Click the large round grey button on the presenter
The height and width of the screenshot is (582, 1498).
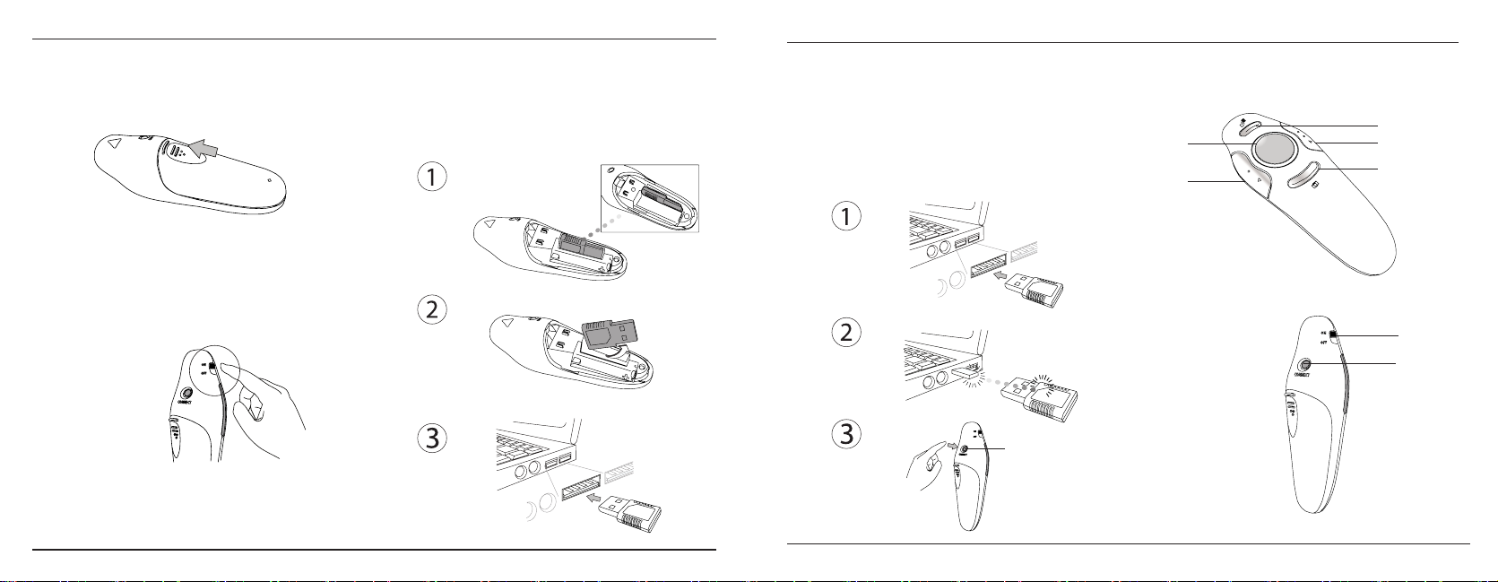tap(1271, 151)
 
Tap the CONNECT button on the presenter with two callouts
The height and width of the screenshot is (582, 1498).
tap(1304, 364)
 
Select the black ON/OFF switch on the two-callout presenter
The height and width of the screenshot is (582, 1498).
tap(1333, 335)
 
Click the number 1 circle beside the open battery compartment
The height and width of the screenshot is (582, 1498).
tap(432, 177)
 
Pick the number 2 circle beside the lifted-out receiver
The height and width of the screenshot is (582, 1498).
tap(432, 310)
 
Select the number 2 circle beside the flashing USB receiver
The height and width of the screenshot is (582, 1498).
tap(845, 333)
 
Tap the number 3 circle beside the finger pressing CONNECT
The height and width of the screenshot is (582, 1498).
tap(845, 434)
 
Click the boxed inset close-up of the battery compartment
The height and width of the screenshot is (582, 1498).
tap(646, 197)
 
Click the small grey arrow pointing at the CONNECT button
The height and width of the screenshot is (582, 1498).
tap(949, 443)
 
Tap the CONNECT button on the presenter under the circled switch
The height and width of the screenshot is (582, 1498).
tap(187, 394)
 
